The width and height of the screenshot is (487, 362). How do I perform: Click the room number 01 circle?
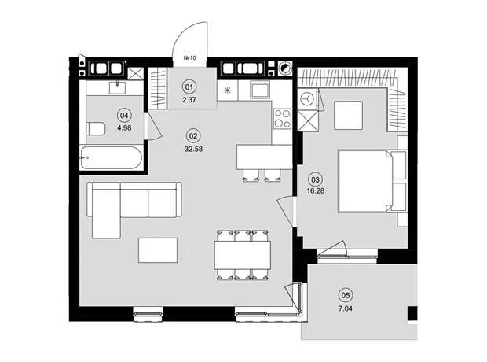click(189, 87)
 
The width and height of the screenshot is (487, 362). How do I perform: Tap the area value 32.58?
click(193, 149)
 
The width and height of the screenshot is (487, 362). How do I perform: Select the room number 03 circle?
click(315, 179)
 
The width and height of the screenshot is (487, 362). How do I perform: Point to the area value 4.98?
click(124, 127)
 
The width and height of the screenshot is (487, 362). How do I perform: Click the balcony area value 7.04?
click(346, 308)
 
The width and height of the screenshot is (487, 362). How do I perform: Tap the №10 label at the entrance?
click(190, 58)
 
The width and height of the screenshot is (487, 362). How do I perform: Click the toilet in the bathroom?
click(96, 129)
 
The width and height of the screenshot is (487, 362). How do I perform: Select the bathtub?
click(111, 158)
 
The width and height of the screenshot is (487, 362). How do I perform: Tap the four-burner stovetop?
click(282, 118)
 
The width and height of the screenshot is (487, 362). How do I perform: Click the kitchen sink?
click(260, 90)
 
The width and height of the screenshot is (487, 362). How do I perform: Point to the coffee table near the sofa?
click(158, 250)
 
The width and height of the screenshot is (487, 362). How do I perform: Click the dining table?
click(242, 255)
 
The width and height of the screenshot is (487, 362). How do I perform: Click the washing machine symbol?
click(307, 98)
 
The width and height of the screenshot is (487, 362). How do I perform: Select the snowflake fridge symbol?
click(228, 90)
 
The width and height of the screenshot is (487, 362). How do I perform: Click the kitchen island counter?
click(264, 157)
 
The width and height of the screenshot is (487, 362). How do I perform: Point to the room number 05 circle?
click(346, 295)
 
